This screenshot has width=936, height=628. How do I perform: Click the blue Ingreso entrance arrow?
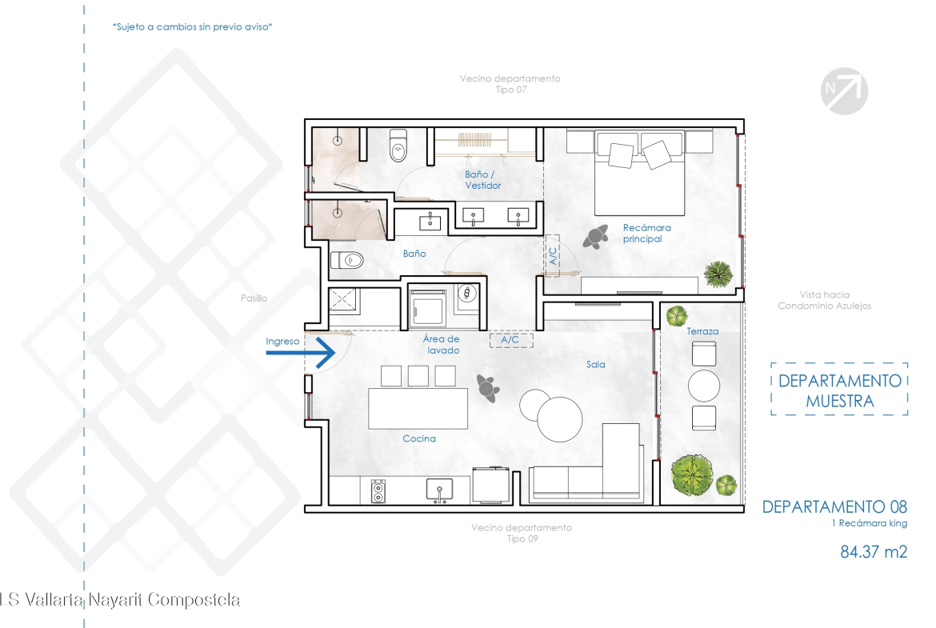tap(300, 353)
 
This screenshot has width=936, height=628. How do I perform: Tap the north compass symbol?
tap(844, 91)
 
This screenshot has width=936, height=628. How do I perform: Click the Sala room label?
tap(595, 364)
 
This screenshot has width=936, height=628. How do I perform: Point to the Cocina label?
tap(419, 438)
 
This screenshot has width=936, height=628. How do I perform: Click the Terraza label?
tap(702, 331)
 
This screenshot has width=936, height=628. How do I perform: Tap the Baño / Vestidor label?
tap(483, 180)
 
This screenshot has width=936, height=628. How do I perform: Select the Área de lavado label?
tap(442, 345)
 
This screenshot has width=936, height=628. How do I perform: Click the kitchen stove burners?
tap(378, 491)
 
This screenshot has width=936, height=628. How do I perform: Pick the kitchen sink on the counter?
tap(439, 490)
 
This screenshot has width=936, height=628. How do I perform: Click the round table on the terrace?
tap(704, 386)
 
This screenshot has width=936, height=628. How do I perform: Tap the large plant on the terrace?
tap(692, 475)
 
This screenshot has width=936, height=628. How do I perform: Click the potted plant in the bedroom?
tap(718, 274)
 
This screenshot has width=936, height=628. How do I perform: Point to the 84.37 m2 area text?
tap(874, 551)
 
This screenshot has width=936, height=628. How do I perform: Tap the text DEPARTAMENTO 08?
tap(834, 507)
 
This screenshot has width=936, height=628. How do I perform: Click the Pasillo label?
tap(254, 298)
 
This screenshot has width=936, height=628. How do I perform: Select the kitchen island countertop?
tap(418, 408)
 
